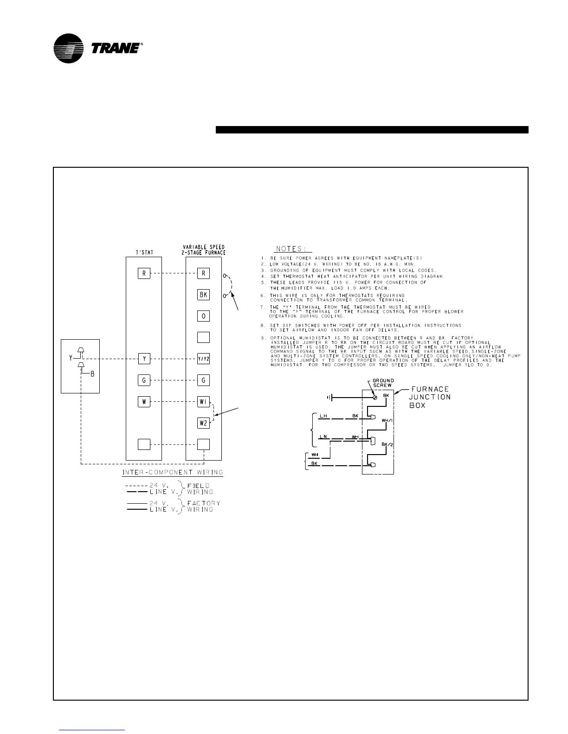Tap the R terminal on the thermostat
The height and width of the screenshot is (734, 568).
click(x=144, y=273)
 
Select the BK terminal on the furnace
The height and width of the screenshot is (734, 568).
click(x=203, y=295)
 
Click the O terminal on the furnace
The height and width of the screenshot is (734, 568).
click(x=203, y=316)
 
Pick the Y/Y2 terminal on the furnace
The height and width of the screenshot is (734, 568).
click(x=203, y=359)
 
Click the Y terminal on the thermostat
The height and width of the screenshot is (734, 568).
click(x=144, y=359)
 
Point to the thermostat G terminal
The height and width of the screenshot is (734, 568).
click(x=144, y=380)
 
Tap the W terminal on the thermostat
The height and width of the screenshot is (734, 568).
click(x=144, y=402)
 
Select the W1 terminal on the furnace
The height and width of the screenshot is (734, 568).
click(x=203, y=402)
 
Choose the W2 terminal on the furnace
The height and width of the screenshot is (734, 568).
click(x=203, y=423)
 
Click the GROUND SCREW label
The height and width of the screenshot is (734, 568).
click(x=383, y=383)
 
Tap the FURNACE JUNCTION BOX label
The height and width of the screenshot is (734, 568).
click(x=430, y=397)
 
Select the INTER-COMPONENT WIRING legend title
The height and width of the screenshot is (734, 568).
click(x=173, y=473)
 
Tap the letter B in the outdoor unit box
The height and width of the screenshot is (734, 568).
click(x=92, y=374)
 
